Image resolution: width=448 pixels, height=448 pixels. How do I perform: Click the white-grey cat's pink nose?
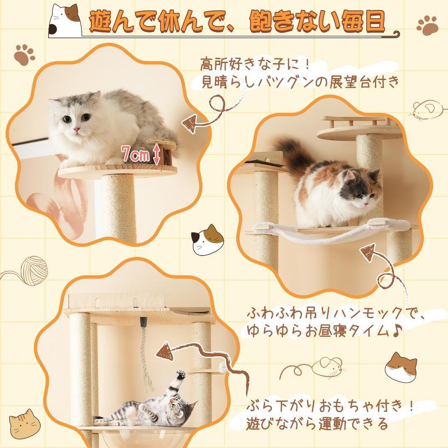point(76,130)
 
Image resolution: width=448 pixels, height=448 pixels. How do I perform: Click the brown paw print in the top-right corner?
point(427,26)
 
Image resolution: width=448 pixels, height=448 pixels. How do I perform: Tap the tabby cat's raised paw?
point(180,375)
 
